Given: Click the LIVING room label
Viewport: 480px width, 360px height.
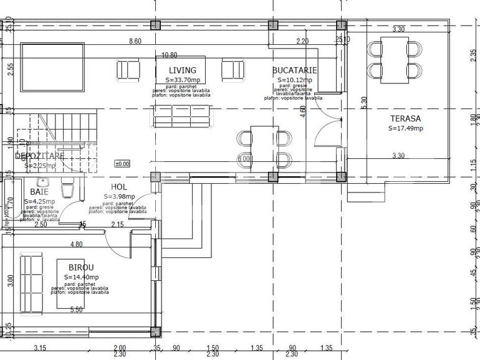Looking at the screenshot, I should (182, 70).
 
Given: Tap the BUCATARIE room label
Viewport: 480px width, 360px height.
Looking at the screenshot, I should (294, 70).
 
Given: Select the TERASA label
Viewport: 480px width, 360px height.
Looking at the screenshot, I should (406, 118).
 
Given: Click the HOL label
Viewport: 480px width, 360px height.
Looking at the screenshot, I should (119, 187).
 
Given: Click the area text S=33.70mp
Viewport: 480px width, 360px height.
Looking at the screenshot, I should (183, 80).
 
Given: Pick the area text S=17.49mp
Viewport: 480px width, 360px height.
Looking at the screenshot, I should (406, 128).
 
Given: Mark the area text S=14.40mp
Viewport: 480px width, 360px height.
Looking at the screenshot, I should (82, 277).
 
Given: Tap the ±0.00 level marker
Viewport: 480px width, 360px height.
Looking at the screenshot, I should (122, 164).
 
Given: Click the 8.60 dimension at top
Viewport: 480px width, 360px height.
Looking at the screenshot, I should (135, 41).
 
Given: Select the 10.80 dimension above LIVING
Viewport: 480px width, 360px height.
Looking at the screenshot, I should (170, 55).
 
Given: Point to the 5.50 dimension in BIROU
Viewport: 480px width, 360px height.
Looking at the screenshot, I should (77, 309).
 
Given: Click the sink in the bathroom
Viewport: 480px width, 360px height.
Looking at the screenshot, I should (42, 182).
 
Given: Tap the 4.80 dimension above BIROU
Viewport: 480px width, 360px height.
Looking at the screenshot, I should (76, 245).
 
